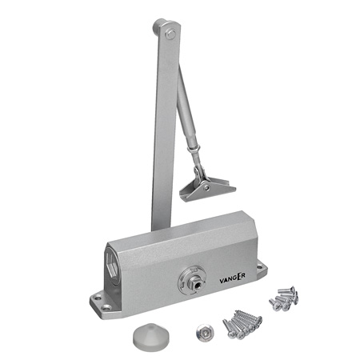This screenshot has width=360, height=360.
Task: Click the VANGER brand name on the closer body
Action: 232,278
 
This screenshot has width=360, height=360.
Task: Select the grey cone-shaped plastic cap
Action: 151,334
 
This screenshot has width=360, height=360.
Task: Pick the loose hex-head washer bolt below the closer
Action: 203,331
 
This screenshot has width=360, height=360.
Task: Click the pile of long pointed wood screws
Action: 242,324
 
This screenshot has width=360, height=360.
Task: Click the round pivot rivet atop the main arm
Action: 170,34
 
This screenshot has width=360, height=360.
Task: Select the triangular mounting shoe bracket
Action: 207,188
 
